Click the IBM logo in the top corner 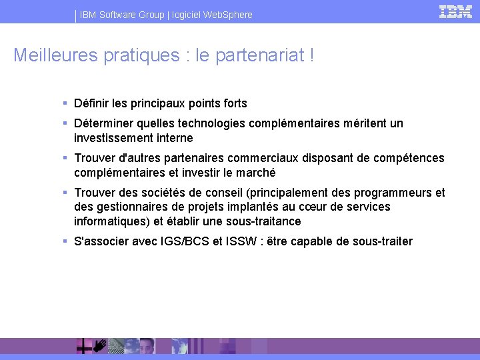[x=456, y=11]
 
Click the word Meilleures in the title [x=55, y=55]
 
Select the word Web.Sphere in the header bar [x=229, y=15]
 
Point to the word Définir [x=91, y=103]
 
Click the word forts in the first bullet [x=233, y=103]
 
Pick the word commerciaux [x=264, y=158]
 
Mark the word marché [x=255, y=173]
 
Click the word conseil [x=226, y=193]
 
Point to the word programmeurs [x=396, y=193]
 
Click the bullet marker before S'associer [x=65, y=241]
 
